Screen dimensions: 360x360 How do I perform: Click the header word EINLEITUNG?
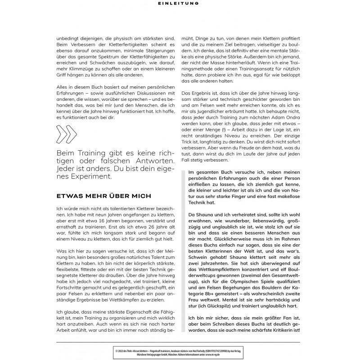coord(180,4)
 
